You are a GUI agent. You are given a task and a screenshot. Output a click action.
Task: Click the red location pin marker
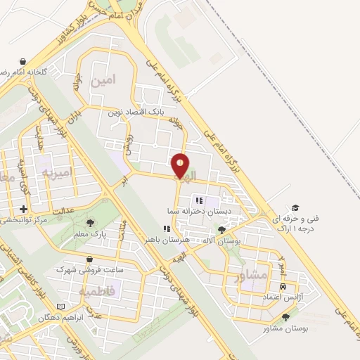click(181, 166)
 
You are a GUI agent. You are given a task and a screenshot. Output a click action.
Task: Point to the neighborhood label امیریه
click(57, 172)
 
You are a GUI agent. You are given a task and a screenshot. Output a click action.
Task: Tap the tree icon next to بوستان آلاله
click(223, 229)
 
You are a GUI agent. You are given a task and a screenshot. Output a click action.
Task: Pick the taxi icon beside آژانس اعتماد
click(283, 287)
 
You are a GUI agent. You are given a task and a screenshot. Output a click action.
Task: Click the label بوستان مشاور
click(266, 328)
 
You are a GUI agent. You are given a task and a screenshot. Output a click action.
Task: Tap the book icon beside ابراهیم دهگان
click(60, 307)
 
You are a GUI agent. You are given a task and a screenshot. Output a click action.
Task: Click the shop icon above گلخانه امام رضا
click(23, 62)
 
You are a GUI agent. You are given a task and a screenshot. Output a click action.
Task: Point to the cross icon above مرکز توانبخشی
click(25, 209)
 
